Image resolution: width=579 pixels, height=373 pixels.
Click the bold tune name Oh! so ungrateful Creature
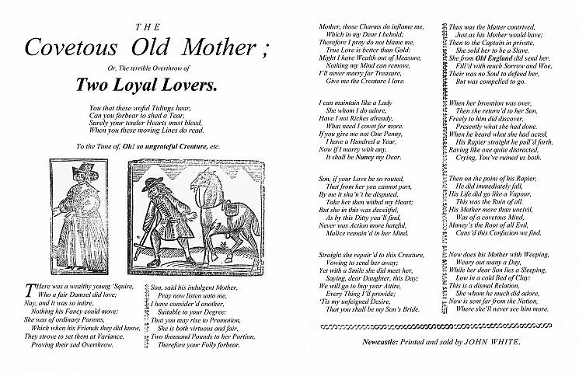click(159, 147)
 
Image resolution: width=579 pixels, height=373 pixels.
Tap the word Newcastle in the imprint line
click(386, 341)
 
